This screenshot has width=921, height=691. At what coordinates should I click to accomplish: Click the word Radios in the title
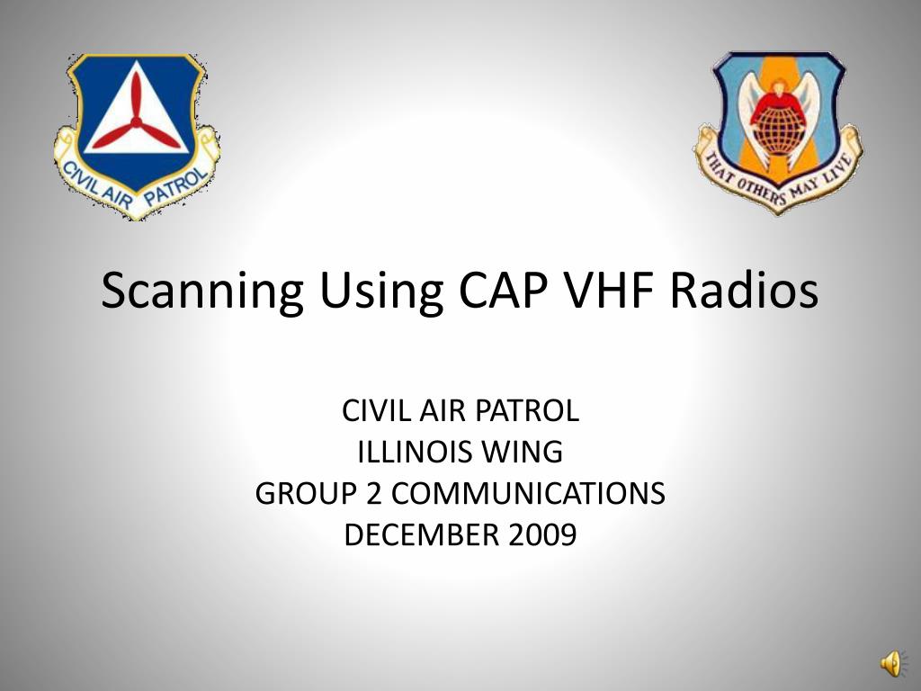(746, 291)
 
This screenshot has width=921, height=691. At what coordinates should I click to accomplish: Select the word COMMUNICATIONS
(528, 493)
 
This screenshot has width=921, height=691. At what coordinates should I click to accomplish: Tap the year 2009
(541, 534)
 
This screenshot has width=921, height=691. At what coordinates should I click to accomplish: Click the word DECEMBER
(423, 534)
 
